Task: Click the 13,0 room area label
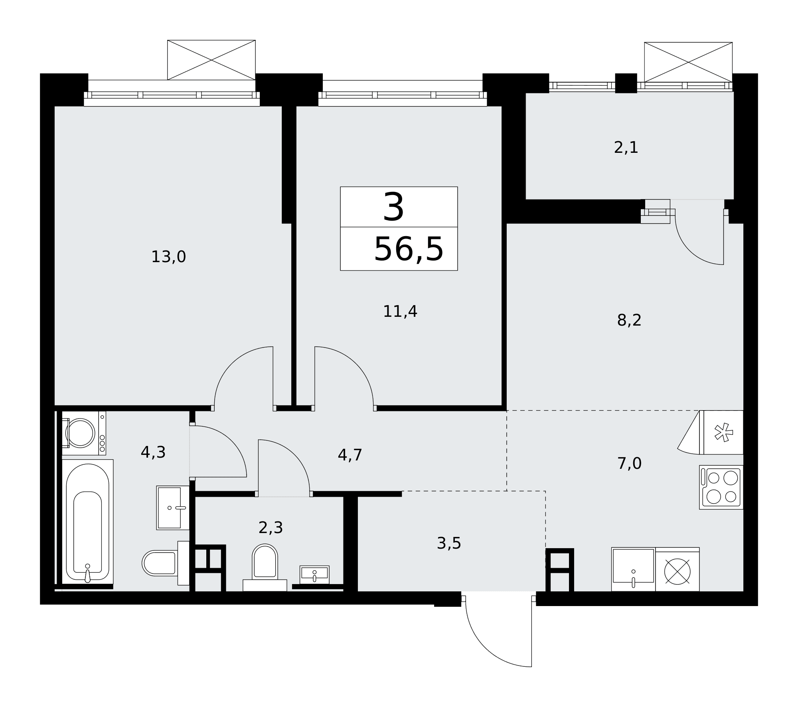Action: pos(168,257)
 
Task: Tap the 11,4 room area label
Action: pos(400,312)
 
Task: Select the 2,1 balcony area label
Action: pos(626,148)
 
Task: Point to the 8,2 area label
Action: pos(629,320)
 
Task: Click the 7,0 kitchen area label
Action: pos(629,464)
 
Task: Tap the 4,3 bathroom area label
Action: pos(153,452)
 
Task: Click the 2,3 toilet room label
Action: pos(271,528)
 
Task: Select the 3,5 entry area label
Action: pos(449,543)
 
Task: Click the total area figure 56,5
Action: pos(409,249)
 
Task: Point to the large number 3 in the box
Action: pos(393,207)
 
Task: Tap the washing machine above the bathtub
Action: pos(84,433)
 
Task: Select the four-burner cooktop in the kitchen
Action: pos(721,487)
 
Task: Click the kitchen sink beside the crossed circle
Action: pos(633,569)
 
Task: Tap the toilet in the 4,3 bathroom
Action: pos(166,563)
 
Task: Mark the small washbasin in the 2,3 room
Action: pos(314,575)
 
